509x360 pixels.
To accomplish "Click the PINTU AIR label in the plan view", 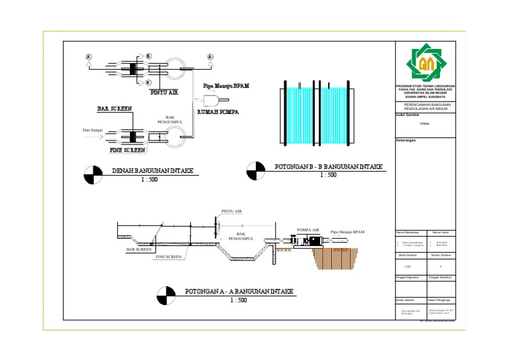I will coord(164,93).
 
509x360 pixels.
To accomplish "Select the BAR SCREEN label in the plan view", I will coord(114,108).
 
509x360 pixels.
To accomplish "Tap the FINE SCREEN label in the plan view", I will coord(127,150).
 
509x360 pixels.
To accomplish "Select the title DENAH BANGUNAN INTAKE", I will coord(152,170).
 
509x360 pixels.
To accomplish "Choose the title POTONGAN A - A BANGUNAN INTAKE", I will coord(239,292).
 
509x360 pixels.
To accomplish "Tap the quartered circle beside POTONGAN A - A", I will coord(166,295).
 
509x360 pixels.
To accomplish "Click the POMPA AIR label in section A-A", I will coord(308,229).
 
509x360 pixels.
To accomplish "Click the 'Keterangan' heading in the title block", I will coord(406,141).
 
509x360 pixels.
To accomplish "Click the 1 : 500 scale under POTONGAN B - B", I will coord(328,176).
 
